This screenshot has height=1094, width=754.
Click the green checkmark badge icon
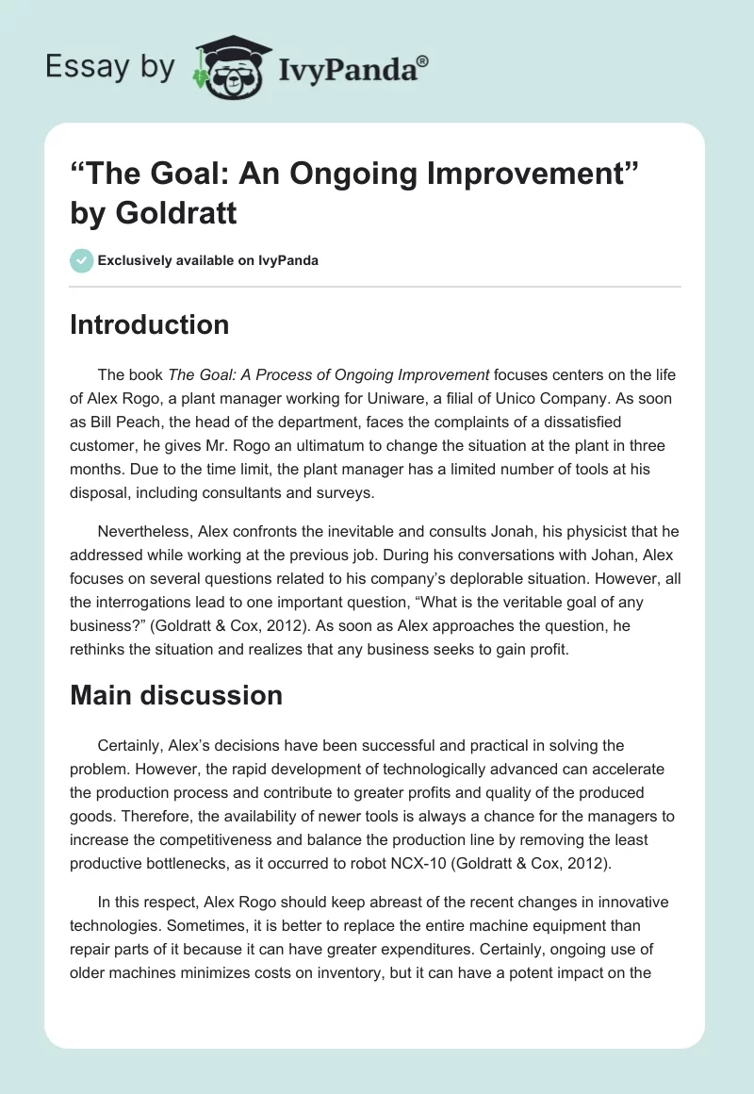81,260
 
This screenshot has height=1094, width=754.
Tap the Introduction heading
149,324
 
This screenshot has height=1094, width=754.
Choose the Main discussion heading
176,695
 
